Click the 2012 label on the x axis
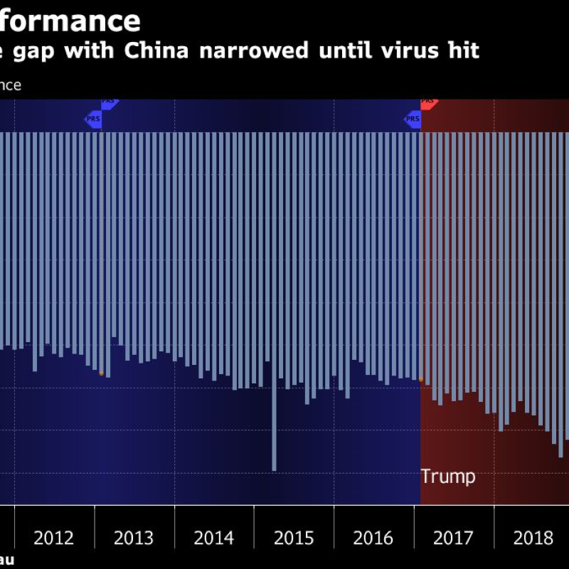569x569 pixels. coord(54,538)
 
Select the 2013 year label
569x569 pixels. coord(134,538)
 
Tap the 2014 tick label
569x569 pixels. coord(213,538)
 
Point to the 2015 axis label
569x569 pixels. coord(294,538)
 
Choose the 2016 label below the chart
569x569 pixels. coord(373,538)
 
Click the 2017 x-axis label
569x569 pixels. coord(453,538)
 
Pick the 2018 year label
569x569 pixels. coord(533,538)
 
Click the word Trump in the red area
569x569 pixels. coord(447,477)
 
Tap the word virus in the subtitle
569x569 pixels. coord(402,51)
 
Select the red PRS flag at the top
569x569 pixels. coord(428,102)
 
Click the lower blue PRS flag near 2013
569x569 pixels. coord(94,119)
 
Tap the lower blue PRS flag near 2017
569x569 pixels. coord(413,119)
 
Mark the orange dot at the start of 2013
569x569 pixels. coord(101,373)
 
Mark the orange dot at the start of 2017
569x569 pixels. coord(420,380)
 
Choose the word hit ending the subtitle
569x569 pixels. coord(463,51)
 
